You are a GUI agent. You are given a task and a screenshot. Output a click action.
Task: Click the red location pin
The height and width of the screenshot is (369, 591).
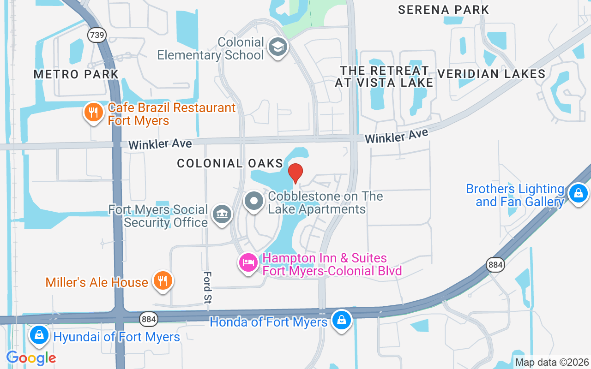[295, 173]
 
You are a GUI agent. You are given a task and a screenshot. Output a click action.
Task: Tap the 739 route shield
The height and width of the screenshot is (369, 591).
[98, 35]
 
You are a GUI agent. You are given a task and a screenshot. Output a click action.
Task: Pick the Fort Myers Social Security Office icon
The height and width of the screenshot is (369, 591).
[223, 214]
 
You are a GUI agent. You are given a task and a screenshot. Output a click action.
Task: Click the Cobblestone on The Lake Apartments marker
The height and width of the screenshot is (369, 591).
[253, 201]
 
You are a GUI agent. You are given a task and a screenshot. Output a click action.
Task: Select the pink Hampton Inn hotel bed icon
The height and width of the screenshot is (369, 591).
[248, 263]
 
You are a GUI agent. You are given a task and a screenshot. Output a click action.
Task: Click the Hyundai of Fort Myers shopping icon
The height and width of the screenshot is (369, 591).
[40, 335]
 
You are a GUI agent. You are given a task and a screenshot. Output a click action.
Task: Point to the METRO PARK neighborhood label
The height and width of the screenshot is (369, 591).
[76, 74]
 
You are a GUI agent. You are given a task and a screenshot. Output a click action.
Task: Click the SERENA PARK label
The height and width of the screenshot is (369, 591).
[443, 10]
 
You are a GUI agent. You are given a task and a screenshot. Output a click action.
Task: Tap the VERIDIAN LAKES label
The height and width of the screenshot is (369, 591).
[491, 74]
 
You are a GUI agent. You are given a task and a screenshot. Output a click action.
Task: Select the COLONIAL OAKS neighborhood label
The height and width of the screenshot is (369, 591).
[230, 163]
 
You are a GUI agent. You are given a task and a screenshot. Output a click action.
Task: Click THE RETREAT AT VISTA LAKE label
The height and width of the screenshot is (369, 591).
[384, 77]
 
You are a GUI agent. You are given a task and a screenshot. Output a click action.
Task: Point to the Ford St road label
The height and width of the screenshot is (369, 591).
[207, 287]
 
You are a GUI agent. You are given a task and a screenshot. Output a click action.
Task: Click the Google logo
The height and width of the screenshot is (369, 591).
[31, 357]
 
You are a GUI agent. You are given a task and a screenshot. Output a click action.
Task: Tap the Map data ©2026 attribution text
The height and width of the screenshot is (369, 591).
[552, 363]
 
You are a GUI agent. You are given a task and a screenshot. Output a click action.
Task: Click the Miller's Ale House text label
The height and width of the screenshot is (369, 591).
[97, 282]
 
